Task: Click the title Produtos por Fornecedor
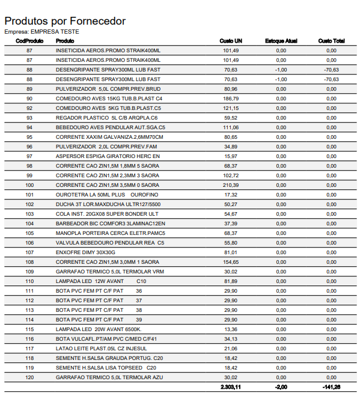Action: click(65, 21)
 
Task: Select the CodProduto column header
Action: click(29, 41)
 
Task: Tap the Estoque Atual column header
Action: click(281, 41)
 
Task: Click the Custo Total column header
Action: click(331, 41)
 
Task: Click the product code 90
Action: click(29, 99)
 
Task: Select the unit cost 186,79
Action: click(231, 99)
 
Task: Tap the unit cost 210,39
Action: click(231, 185)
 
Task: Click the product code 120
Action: click(29, 377)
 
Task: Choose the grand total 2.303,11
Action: click(230, 387)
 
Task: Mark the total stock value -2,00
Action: click(281, 387)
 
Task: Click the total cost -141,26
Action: click(331, 387)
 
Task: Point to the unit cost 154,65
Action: click(231, 262)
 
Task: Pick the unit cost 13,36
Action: click(231, 329)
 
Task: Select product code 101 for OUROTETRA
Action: click(29, 195)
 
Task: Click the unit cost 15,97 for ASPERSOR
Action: click(231, 156)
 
